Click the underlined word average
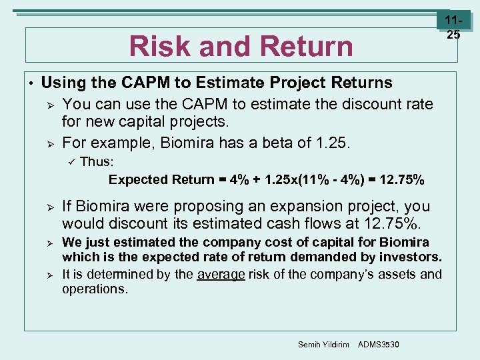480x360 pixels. click(221, 274)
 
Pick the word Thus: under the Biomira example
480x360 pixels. click(97, 161)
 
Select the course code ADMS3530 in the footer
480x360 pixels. click(379, 344)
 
